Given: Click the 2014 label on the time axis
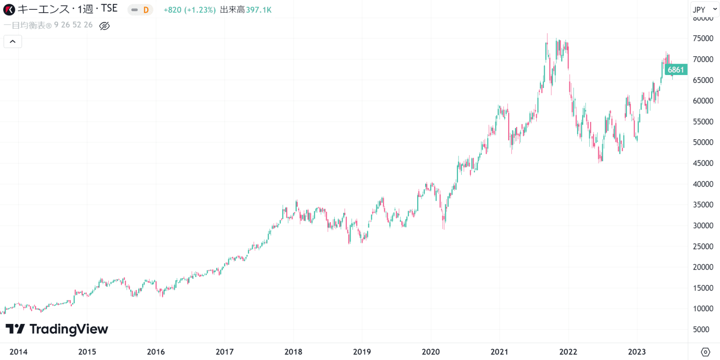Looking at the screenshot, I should tap(17, 352).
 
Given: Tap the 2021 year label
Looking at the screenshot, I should tap(499, 352).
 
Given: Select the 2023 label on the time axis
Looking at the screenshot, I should tap(637, 352).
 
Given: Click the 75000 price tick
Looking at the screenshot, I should tap(704, 38).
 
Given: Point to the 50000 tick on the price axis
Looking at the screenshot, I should tap(704, 142).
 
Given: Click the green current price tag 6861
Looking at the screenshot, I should tap(676, 70).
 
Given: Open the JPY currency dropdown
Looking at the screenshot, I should tap(705, 9).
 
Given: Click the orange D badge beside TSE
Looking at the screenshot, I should tap(145, 10).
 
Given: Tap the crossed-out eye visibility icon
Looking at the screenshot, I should tap(105, 26).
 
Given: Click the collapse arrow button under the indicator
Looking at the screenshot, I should tap(13, 42).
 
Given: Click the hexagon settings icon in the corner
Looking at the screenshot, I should tap(705, 352).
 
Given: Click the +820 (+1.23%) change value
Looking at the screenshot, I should tap(189, 10).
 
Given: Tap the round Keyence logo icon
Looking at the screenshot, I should tap(9, 9).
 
